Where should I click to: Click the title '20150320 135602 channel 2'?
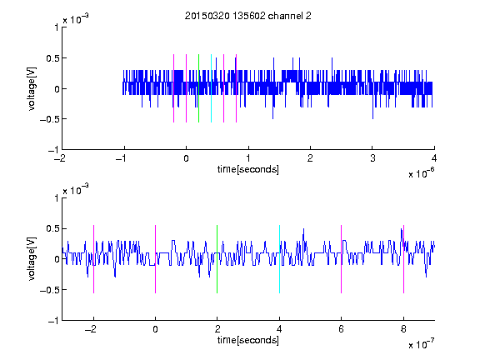point(248,16)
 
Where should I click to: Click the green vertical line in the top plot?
point(198,88)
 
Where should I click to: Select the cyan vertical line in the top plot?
point(211,88)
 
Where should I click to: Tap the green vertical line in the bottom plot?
point(217,259)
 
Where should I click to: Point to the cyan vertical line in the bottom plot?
point(279,259)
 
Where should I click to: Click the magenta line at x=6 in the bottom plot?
point(342,259)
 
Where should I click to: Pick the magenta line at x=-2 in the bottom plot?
point(93,259)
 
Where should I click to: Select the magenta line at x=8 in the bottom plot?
point(404,259)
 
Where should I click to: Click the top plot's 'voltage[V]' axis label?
point(32,88)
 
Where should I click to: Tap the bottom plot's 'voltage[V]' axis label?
point(32,258)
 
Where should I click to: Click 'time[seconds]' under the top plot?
point(248,169)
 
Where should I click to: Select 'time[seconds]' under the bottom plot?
point(248,340)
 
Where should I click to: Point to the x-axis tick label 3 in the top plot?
point(372,158)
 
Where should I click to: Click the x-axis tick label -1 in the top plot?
point(122,158)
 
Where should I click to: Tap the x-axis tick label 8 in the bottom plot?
point(404,329)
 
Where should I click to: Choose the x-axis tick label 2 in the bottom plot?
point(217,329)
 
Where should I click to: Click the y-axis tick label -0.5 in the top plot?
point(49,119)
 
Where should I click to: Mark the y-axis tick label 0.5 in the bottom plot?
point(52,228)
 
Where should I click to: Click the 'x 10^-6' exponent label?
point(421,173)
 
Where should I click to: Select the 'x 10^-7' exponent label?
point(421,344)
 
